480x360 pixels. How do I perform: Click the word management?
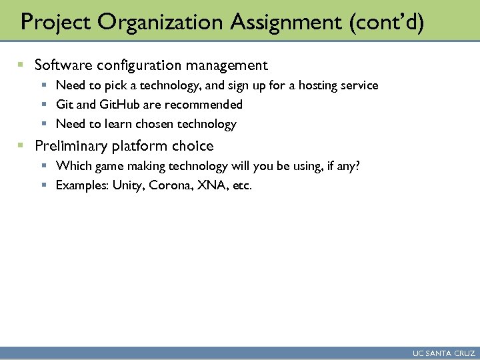pyautogui.click(x=227, y=65)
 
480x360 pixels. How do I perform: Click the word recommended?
pyautogui.click(x=203, y=105)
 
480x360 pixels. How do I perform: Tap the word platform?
pyautogui.click(x=141, y=146)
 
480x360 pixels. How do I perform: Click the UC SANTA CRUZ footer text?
pyautogui.click(x=444, y=353)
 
